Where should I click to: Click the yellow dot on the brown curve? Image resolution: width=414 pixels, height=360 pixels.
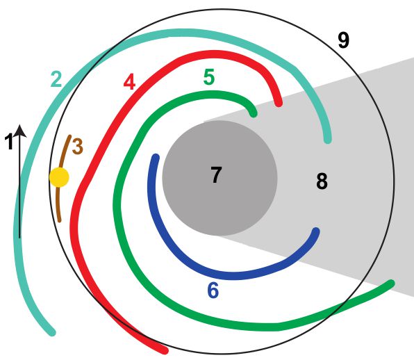60,177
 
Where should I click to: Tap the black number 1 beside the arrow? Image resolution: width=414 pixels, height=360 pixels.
9,142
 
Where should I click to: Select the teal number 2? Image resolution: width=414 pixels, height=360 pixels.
56,79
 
